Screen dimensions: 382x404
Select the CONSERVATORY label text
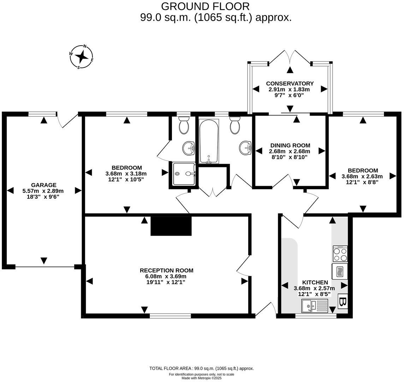[290, 83]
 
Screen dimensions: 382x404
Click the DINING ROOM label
[290, 145]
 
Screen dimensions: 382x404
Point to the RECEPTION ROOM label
[166, 270]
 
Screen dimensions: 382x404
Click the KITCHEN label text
[315, 282]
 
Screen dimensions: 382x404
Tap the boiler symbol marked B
[343, 301]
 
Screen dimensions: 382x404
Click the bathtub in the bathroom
[209, 141]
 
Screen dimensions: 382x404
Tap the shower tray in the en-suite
[184, 174]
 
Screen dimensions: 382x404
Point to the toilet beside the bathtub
[235, 126]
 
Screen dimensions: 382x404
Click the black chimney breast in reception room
[171, 226]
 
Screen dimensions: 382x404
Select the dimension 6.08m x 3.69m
[166, 276]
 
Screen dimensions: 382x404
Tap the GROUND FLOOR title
[205, 6]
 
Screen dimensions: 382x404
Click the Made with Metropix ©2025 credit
[202, 378]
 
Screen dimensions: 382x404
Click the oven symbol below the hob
[340, 271]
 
